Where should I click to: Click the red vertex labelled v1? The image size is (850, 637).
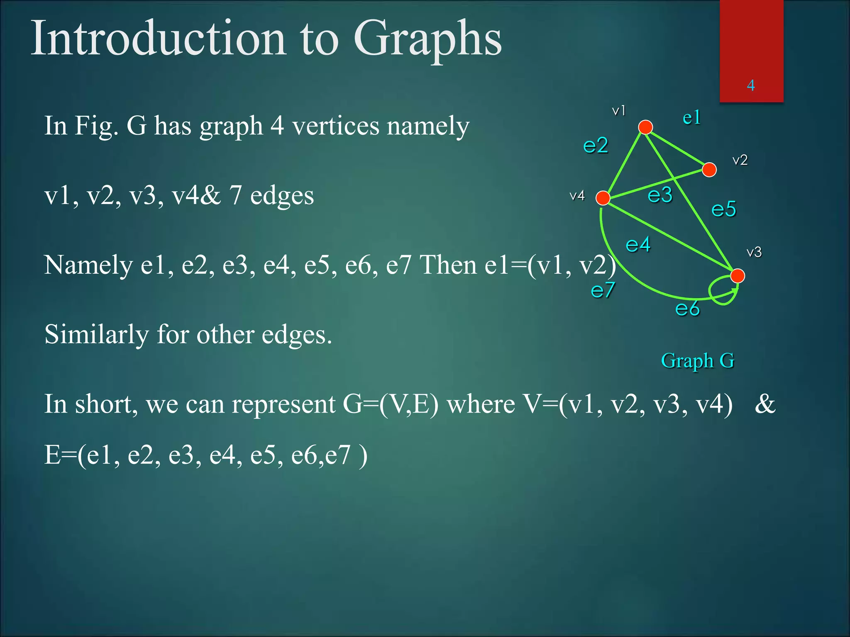[x=645, y=127]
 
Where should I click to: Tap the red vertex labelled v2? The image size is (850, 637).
[x=709, y=170]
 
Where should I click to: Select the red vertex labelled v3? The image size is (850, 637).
[x=738, y=276]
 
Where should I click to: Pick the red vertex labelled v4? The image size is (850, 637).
[x=603, y=198]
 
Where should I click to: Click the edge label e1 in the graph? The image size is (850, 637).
[x=692, y=118]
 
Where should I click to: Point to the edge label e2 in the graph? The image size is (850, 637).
[x=596, y=146]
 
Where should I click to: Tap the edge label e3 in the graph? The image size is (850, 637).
[x=660, y=195]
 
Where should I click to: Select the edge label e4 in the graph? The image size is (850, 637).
[x=638, y=245]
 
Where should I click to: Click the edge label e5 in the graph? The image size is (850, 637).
[x=723, y=209]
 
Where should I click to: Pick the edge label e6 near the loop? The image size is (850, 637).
[x=687, y=309]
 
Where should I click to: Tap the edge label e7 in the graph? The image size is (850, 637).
[x=603, y=290]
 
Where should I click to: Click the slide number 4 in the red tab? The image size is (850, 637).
[x=751, y=85]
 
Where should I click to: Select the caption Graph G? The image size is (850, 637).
[x=698, y=361]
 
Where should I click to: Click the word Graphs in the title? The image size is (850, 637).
[x=427, y=39]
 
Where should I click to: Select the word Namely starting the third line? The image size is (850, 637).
[x=88, y=265]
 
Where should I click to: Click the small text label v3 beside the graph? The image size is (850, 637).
[x=754, y=252]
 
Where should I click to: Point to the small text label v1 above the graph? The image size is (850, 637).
[x=619, y=111]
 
